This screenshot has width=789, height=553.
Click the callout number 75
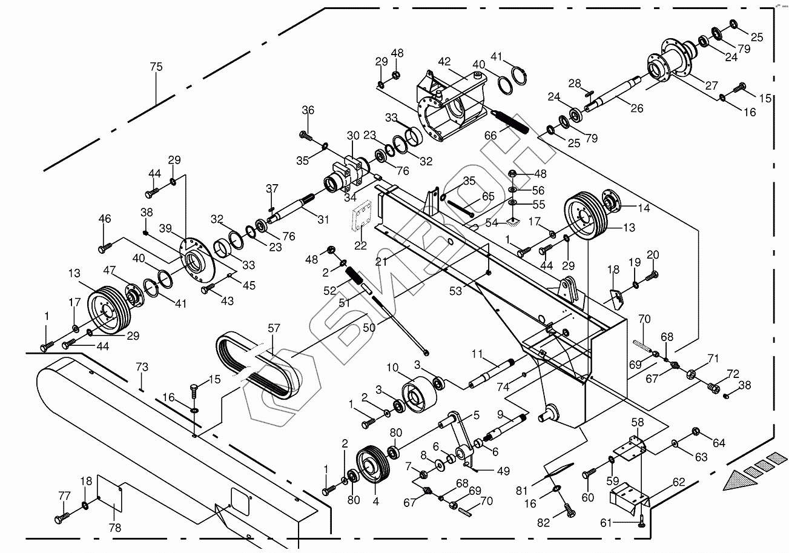tap(156, 67)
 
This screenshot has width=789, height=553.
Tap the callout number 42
tap(444, 61)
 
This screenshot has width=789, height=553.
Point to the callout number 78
tap(114, 528)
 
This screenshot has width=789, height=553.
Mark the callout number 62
tap(678, 483)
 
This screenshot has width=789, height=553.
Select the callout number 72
tap(733, 373)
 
